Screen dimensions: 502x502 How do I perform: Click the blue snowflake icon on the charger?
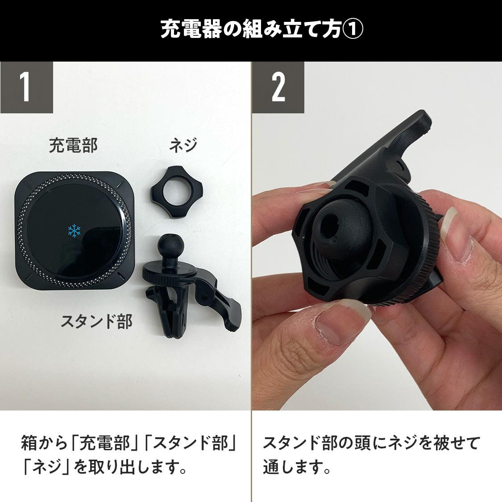tap(74, 231)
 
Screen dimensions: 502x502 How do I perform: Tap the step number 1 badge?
tap(27, 87)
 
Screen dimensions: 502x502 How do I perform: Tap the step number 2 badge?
tap(278, 87)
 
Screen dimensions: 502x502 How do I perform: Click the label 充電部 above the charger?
tap(73, 145)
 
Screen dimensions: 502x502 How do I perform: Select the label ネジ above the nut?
tap(183, 145)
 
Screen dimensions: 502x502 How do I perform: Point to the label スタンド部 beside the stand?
tap(97, 321)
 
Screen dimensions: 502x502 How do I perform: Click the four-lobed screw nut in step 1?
tap(176, 192)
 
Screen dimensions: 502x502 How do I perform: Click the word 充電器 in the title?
tap(191, 29)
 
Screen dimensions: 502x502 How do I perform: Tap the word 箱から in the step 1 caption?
tap(44, 443)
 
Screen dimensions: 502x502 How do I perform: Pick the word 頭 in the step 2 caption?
tap(363, 443)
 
